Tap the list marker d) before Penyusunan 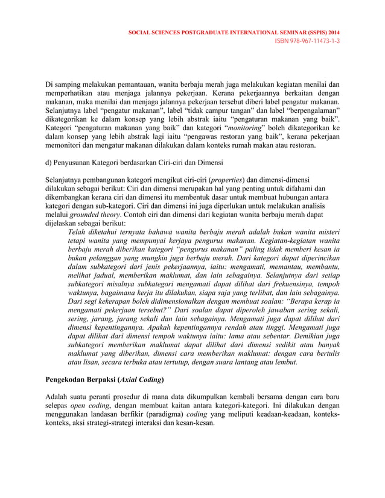point(50,163)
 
